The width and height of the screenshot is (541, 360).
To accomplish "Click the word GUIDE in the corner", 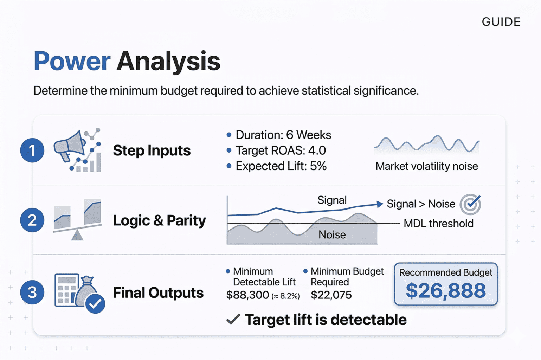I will coord(501,22).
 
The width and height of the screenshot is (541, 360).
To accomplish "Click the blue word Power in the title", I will coord(72,62).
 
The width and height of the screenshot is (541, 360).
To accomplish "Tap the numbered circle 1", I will coord(32,150).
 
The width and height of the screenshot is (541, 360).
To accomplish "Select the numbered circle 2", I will coord(32,220).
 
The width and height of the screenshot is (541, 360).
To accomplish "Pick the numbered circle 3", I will coord(32,292).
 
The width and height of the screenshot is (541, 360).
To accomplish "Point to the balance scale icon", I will coord(77,220).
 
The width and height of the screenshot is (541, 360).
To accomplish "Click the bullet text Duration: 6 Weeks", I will coord(283,135).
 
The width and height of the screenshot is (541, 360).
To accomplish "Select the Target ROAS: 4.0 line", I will coord(281,150).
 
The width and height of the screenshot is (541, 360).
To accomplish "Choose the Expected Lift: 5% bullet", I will coord(281,166).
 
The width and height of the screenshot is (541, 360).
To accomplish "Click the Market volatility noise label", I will coord(426,166).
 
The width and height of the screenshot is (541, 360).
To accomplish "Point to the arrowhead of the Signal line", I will coord(380,204).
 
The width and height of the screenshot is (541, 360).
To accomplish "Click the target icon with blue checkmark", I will coord(470,204).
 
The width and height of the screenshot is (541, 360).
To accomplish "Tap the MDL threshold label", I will coord(438,224).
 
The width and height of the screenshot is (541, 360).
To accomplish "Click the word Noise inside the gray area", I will coord(332,234).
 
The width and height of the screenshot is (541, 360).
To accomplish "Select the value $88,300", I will coord(247,295).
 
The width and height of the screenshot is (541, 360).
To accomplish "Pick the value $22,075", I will coord(331,295).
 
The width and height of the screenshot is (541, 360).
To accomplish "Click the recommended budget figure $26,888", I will coord(445,291).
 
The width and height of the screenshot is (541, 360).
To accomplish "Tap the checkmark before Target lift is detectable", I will coord(233,319).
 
